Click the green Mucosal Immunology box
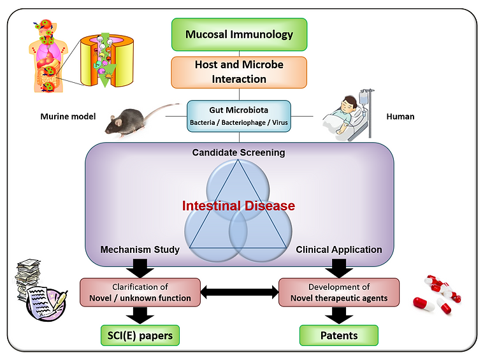[240, 34]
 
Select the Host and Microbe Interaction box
[240, 72]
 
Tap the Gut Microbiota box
[240, 115]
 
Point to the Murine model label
[68, 117]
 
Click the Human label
[400, 117]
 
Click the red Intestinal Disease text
[239, 206]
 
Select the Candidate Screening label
[239, 153]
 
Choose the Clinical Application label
[339, 250]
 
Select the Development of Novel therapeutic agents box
[339, 292]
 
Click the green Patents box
[339, 335]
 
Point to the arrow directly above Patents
[339, 314]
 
